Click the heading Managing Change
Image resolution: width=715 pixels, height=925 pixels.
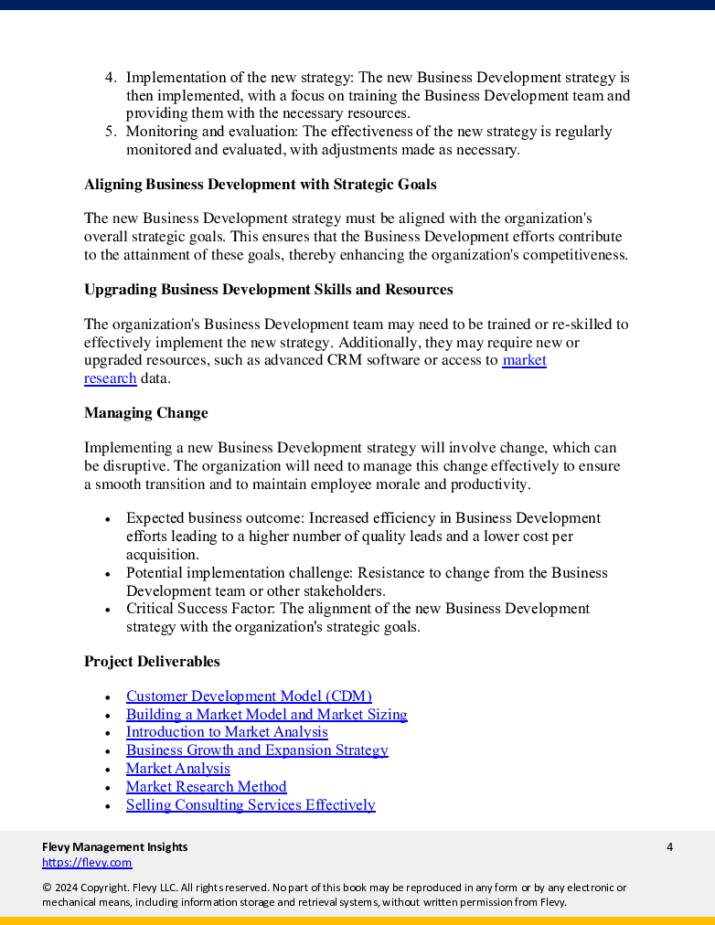coord(145,413)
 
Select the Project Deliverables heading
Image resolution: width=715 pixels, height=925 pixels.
coord(152,662)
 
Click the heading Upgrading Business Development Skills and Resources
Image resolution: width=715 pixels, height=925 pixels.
coord(268,290)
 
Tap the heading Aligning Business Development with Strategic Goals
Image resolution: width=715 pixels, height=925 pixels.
coord(260,185)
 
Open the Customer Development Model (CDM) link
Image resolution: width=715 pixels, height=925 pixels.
coord(249,696)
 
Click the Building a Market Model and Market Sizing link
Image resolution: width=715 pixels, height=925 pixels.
coord(266,715)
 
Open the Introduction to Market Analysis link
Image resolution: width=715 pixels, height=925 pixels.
coord(227,732)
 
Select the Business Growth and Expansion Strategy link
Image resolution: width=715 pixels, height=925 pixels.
coord(257,750)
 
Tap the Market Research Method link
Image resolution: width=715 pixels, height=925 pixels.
coord(206,787)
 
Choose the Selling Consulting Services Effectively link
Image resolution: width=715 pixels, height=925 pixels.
coord(251,805)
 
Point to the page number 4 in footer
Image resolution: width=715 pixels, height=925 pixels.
coord(669,847)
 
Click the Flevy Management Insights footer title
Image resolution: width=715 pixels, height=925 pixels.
coord(114,847)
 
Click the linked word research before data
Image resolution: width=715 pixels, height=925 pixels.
coord(110,378)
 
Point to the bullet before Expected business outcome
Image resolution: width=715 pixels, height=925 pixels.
coord(108,519)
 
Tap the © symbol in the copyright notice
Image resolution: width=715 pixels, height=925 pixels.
coord(47,888)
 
